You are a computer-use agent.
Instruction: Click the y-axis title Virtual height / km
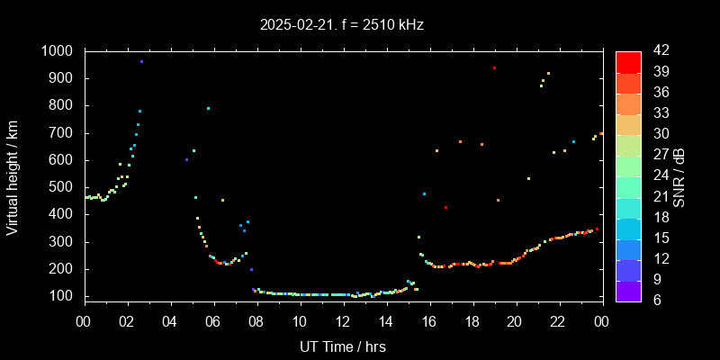(x=13, y=177)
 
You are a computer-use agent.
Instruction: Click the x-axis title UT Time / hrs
(x=343, y=346)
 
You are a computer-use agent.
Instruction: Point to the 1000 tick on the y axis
(x=59, y=51)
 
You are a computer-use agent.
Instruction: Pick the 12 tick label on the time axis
(x=343, y=321)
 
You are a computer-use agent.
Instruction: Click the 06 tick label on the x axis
(x=213, y=321)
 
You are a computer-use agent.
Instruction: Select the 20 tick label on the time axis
(x=515, y=321)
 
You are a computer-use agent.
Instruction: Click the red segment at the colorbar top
(x=628, y=61)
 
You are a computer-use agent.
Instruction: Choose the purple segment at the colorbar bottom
(x=628, y=290)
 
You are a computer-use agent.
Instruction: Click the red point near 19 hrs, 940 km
(x=494, y=67)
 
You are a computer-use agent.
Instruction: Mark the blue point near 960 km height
(x=141, y=62)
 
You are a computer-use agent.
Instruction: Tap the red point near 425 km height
(x=445, y=207)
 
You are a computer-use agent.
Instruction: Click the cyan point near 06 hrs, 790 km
(x=208, y=108)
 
